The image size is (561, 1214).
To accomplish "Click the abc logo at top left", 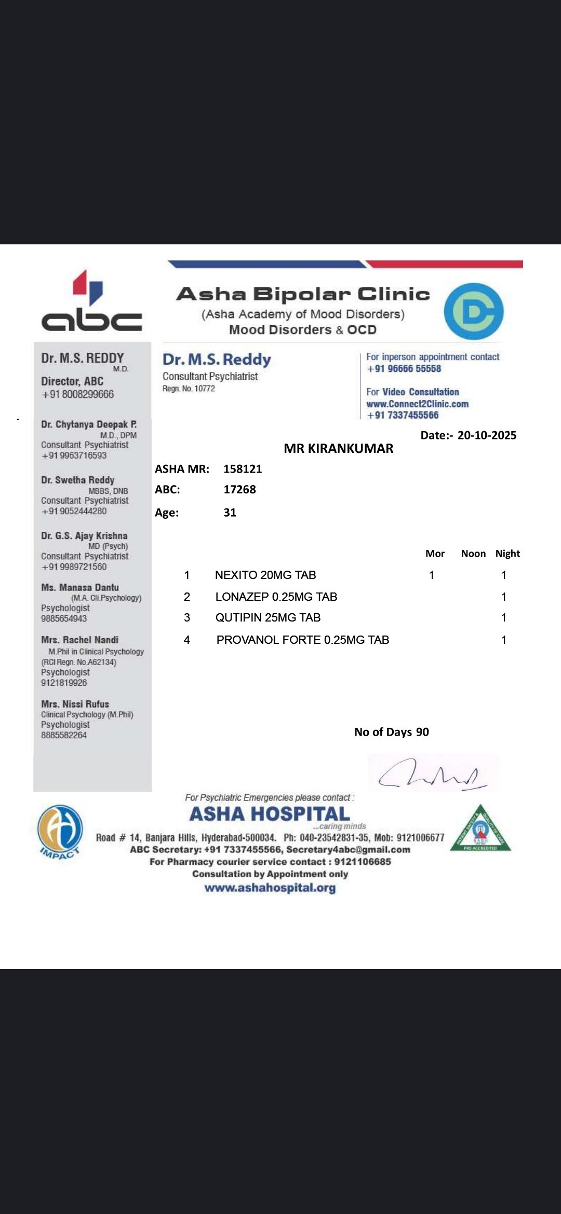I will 91,302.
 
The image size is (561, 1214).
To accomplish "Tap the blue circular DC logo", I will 473,311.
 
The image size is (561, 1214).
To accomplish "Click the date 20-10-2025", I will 487,435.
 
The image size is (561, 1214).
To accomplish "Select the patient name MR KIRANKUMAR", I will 338,448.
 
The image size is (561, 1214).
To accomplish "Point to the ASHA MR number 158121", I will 243,469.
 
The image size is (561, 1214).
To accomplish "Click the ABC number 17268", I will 239,489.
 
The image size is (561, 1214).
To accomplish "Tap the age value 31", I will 230,513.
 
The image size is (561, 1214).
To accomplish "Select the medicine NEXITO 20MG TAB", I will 265,575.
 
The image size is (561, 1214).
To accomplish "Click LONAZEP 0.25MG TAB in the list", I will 276,597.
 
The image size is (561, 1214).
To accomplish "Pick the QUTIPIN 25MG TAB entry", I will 268,617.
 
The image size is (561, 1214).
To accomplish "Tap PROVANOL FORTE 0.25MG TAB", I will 302,640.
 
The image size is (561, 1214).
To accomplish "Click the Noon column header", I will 473,554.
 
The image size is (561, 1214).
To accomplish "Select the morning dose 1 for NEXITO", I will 431,575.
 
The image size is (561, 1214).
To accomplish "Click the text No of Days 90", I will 391,732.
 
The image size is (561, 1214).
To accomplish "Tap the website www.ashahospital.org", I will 270,888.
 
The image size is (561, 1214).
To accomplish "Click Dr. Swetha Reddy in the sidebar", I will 78,480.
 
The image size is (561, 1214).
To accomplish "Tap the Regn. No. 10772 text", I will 189,389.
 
